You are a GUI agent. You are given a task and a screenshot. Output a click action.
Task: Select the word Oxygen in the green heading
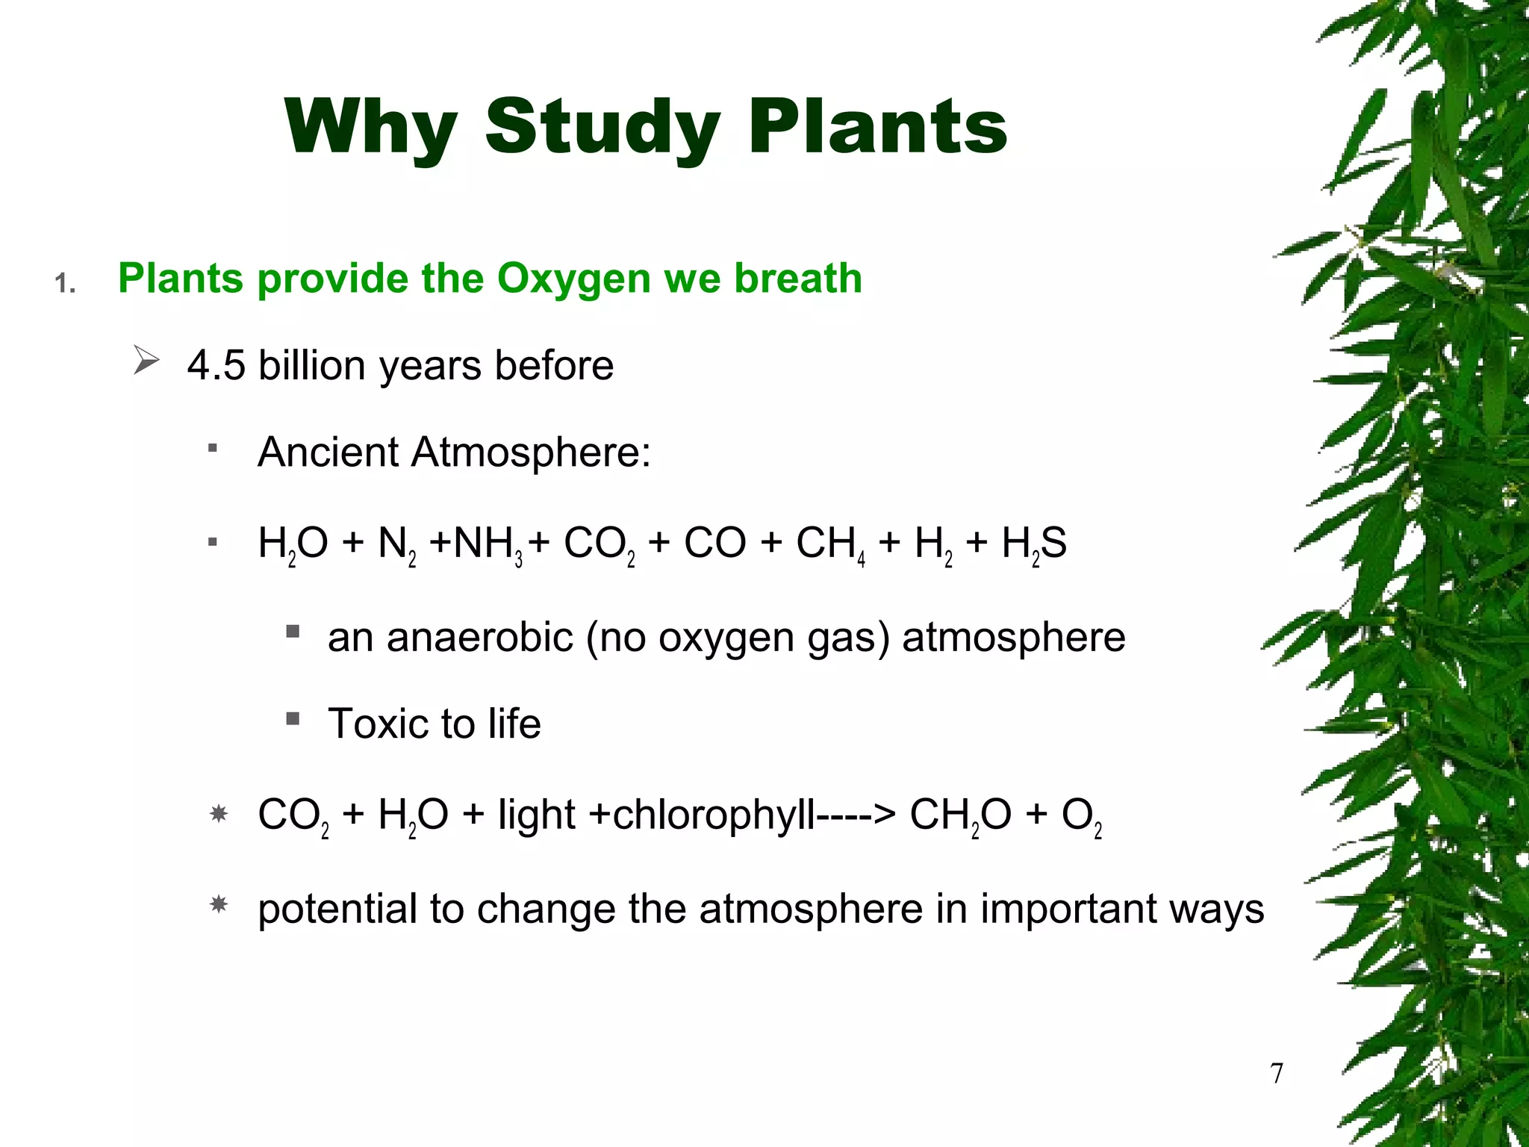point(573,279)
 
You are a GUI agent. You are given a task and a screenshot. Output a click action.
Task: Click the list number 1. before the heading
point(65,284)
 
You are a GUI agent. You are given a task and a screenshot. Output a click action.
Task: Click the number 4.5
point(216,366)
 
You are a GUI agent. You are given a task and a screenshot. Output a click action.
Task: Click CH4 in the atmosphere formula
point(829,544)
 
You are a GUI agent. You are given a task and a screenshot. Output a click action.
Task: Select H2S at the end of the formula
point(1033,544)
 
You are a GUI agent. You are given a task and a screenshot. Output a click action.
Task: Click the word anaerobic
point(479,638)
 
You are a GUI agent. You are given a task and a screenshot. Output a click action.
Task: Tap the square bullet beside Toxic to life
point(293,719)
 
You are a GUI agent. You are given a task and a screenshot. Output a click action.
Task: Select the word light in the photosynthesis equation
point(536,815)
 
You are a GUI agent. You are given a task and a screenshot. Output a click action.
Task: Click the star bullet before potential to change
point(219,905)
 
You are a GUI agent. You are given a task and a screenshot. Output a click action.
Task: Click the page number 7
point(1277,1073)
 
